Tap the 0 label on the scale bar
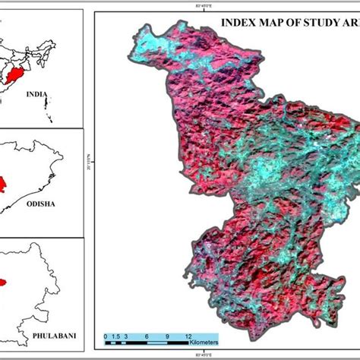[104, 334]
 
